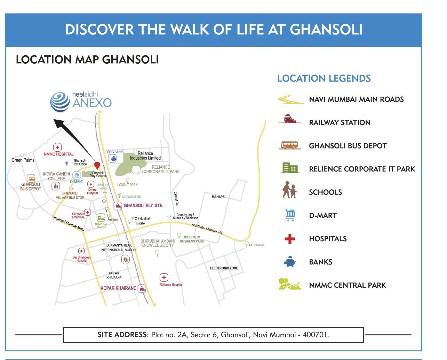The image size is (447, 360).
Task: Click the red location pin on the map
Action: [97, 165]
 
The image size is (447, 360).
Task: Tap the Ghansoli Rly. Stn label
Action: [143, 205]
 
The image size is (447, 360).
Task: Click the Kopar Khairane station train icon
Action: [142, 288]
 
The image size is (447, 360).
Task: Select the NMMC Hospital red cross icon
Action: [58, 147]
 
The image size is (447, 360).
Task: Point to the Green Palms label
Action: [23, 160]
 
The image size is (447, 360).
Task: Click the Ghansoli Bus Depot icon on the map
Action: [31, 179]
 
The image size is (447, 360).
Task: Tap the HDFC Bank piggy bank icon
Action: [113, 158]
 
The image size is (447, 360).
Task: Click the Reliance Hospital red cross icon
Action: [164, 277]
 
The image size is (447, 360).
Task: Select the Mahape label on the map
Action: [218, 197]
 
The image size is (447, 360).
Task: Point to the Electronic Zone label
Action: [224, 268]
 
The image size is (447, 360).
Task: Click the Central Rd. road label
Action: [176, 198]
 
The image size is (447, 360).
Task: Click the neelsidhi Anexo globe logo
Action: [60, 102]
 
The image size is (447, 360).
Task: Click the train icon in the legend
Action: [290, 119]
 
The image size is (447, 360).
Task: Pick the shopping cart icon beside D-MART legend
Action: [290, 215]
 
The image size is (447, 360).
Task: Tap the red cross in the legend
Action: [290, 239]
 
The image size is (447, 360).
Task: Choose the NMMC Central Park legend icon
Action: [290, 284]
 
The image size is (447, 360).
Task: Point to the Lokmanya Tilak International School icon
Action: [125, 259]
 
